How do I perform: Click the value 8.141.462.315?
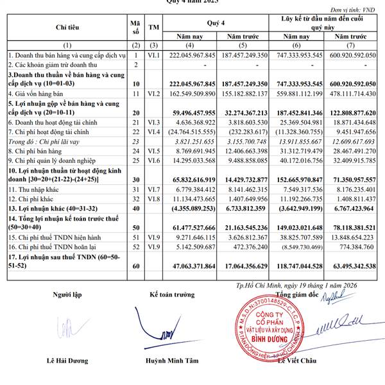245,190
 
